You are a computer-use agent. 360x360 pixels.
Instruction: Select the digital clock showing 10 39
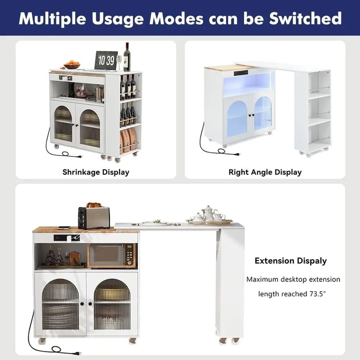point(106,60)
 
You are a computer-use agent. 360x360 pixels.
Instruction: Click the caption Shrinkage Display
point(96,172)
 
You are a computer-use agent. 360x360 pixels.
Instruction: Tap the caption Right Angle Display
point(265,172)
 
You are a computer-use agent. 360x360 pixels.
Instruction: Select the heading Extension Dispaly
point(291,261)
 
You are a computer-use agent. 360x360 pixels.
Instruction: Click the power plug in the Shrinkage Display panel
point(77,156)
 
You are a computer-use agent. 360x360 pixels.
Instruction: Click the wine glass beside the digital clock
point(119,62)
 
